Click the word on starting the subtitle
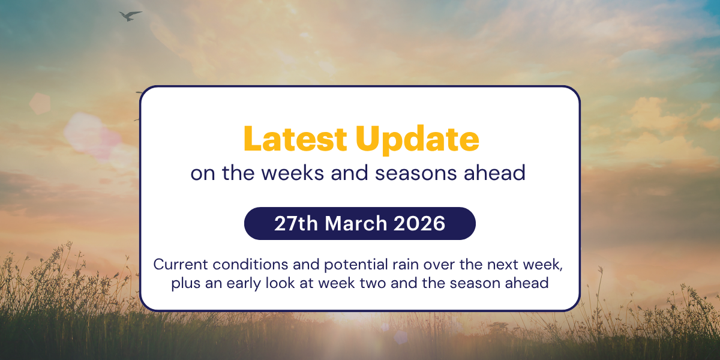[x=202, y=173]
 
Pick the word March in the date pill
[x=357, y=224]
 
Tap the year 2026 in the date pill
[x=420, y=224]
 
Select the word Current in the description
[x=178, y=265]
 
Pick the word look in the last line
[x=275, y=283]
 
